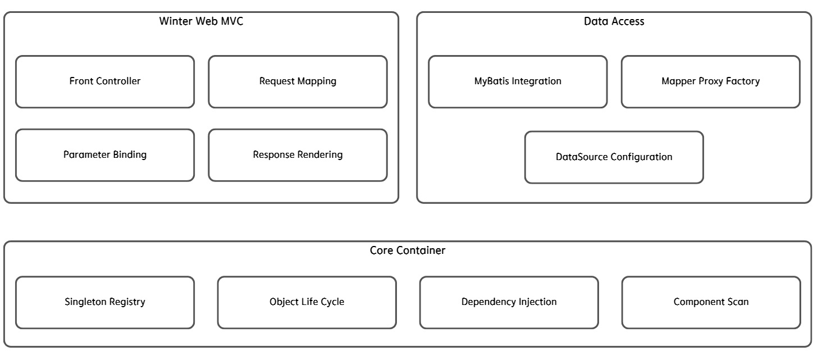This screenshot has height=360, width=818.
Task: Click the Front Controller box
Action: point(105,81)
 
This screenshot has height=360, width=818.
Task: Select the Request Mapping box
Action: point(298,81)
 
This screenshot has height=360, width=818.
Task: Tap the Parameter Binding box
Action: point(105,155)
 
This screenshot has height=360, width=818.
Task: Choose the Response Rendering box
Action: point(298,155)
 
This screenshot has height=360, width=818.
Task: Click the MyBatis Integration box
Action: point(518,81)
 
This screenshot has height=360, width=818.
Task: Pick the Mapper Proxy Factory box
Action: point(711,81)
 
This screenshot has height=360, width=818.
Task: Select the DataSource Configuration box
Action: point(614,157)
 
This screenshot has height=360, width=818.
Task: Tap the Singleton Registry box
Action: point(105,302)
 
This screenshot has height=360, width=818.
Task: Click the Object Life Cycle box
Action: point(307,302)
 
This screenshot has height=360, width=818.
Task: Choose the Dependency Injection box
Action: point(509,302)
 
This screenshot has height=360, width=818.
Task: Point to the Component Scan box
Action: point(711,302)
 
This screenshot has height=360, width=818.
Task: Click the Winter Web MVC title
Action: point(201,21)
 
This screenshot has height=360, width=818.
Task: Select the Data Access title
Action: point(614,21)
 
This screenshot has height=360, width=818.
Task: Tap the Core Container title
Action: point(408,250)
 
